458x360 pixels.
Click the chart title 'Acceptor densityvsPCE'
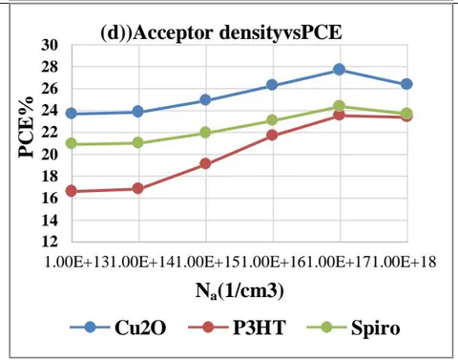click(238, 32)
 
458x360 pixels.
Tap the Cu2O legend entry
click(118, 328)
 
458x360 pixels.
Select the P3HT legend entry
click(237, 328)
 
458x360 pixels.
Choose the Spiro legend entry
click(353, 328)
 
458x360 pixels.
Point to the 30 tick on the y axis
click(50, 45)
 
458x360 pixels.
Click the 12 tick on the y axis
click(50, 242)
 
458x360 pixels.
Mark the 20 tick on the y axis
click(50, 155)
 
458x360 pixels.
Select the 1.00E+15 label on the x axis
click(207, 262)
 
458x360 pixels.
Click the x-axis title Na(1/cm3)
click(239, 291)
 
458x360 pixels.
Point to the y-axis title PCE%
click(26, 127)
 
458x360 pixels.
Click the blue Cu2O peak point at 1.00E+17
click(340, 69)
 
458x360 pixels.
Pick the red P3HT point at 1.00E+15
click(205, 163)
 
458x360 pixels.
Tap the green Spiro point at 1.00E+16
click(272, 120)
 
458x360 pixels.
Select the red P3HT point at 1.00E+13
click(72, 191)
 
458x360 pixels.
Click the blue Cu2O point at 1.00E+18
click(406, 84)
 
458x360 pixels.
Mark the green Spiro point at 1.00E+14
click(138, 142)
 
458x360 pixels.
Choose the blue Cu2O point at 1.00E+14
click(138, 112)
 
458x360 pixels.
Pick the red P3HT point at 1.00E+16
click(272, 136)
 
